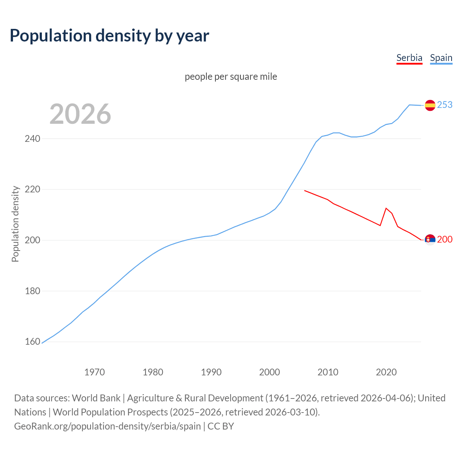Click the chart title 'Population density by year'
pos(109,36)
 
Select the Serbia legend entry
pos(409,58)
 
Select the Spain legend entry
pos(441,58)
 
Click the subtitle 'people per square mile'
pos(231,77)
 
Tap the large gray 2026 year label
pos(80,114)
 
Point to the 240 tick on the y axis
pos(32,139)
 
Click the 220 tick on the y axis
pos(32,189)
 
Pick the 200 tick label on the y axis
pos(32,240)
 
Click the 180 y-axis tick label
pos(32,291)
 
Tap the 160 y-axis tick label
pos(32,341)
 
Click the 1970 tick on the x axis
pos(95,372)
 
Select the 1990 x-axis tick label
pos(211,372)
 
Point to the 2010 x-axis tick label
pos(328,372)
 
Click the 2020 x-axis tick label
pos(386,372)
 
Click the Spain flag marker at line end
pos(430,105)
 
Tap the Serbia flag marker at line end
pos(430,240)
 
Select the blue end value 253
pos(445,105)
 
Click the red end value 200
pos(445,239)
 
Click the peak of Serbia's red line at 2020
pos(386,208)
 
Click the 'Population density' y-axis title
pos(15,224)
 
